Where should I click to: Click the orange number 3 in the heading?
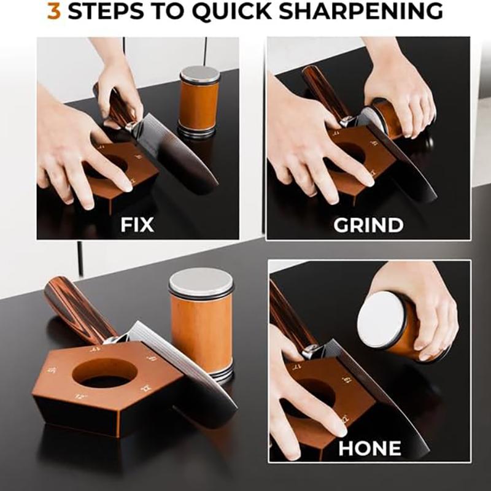(54, 12)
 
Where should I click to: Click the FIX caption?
(137, 225)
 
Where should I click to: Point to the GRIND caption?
(368, 225)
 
